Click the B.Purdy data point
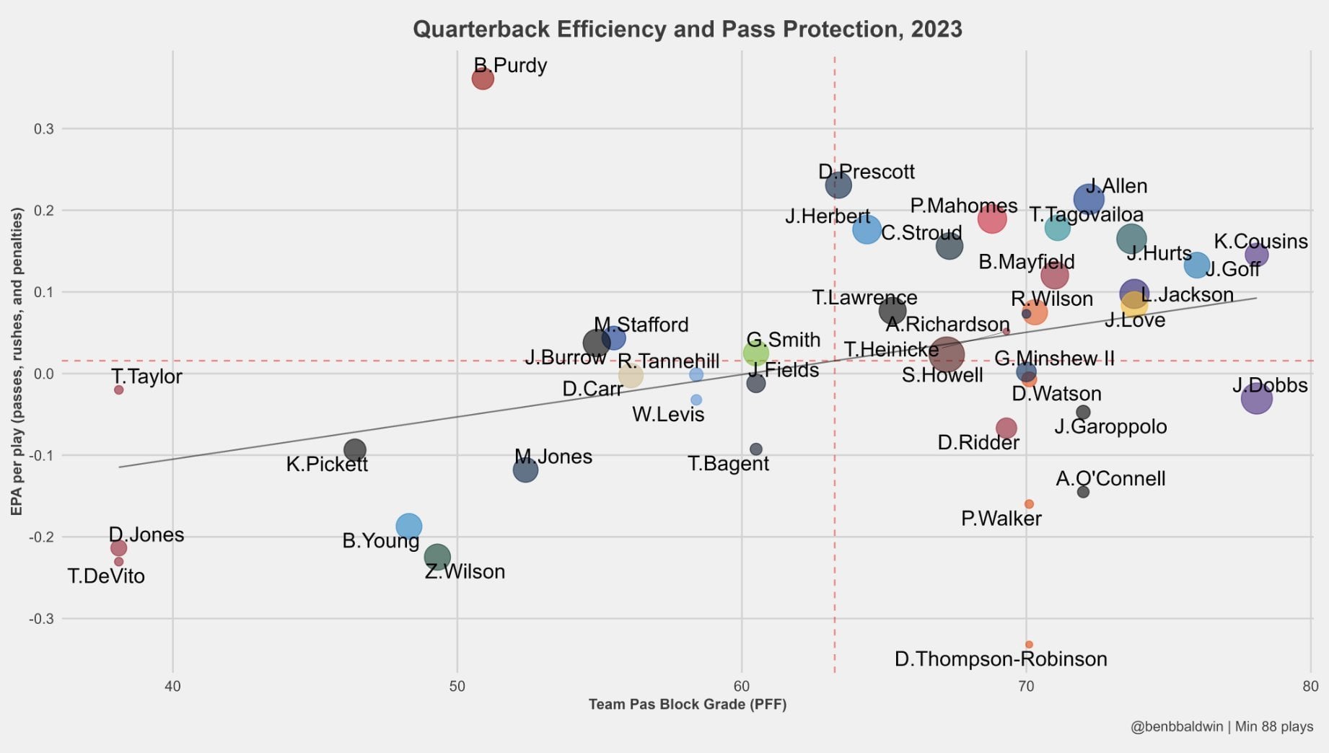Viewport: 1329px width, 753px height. click(x=483, y=79)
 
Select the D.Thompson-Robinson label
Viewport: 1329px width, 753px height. click(x=1000, y=659)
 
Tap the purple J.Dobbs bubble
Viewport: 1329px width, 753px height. click(x=1256, y=398)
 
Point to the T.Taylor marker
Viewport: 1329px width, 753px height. click(x=119, y=389)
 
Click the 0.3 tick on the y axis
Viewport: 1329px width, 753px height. click(x=43, y=129)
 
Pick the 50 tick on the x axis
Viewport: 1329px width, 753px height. click(x=457, y=686)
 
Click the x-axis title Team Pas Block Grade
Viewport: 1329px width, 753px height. click(x=687, y=705)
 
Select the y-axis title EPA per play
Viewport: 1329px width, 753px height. click(x=17, y=361)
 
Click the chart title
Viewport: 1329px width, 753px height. click(x=687, y=29)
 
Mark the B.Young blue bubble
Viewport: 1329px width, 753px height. click(x=408, y=526)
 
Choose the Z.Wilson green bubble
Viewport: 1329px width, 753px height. click(x=437, y=556)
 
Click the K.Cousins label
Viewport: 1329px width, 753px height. click(x=1260, y=242)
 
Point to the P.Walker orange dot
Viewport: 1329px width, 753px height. click(x=1029, y=504)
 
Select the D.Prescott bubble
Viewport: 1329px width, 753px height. click(x=838, y=185)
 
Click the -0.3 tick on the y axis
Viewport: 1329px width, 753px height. click(x=41, y=619)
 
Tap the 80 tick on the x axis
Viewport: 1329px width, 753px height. click(x=1310, y=686)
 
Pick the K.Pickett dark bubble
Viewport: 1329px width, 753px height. click(x=354, y=450)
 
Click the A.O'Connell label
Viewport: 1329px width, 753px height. click(x=1110, y=479)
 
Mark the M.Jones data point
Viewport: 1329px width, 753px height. click(x=525, y=470)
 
